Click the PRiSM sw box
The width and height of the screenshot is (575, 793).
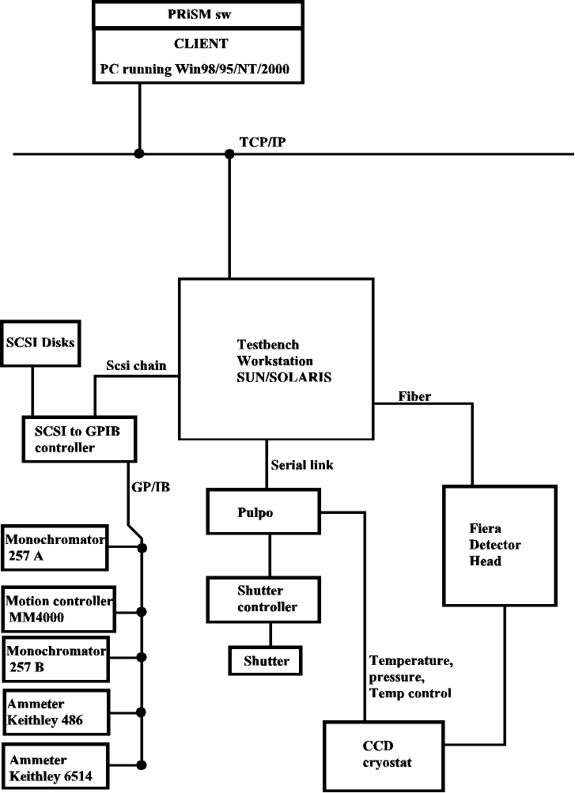click(x=198, y=13)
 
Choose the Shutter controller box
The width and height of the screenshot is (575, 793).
click(x=267, y=599)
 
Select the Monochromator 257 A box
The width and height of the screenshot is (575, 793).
click(x=54, y=546)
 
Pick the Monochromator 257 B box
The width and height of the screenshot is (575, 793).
click(x=55, y=658)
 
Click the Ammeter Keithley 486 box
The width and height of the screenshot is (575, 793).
click(x=54, y=712)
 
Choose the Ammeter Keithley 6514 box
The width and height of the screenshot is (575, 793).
click(x=54, y=765)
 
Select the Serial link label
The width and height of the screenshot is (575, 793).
click(x=301, y=465)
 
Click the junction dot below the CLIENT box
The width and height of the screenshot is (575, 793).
click(x=140, y=153)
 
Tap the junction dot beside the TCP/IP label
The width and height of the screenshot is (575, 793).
click(x=230, y=153)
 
